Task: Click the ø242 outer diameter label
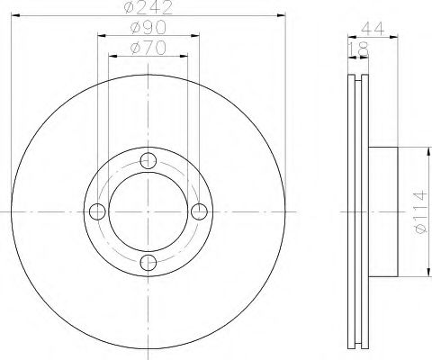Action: pyautogui.click(x=149, y=10)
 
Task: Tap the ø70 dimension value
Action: pyautogui.click(x=149, y=49)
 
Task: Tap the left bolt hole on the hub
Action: pyautogui.click(x=99, y=211)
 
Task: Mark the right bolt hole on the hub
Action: pyautogui.click(x=200, y=211)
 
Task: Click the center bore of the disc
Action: pyautogui.click(x=149, y=211)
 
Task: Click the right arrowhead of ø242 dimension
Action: pyautogui.click(x=281, y=16)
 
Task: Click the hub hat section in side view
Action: pyautogui.click(x=382, y=211)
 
